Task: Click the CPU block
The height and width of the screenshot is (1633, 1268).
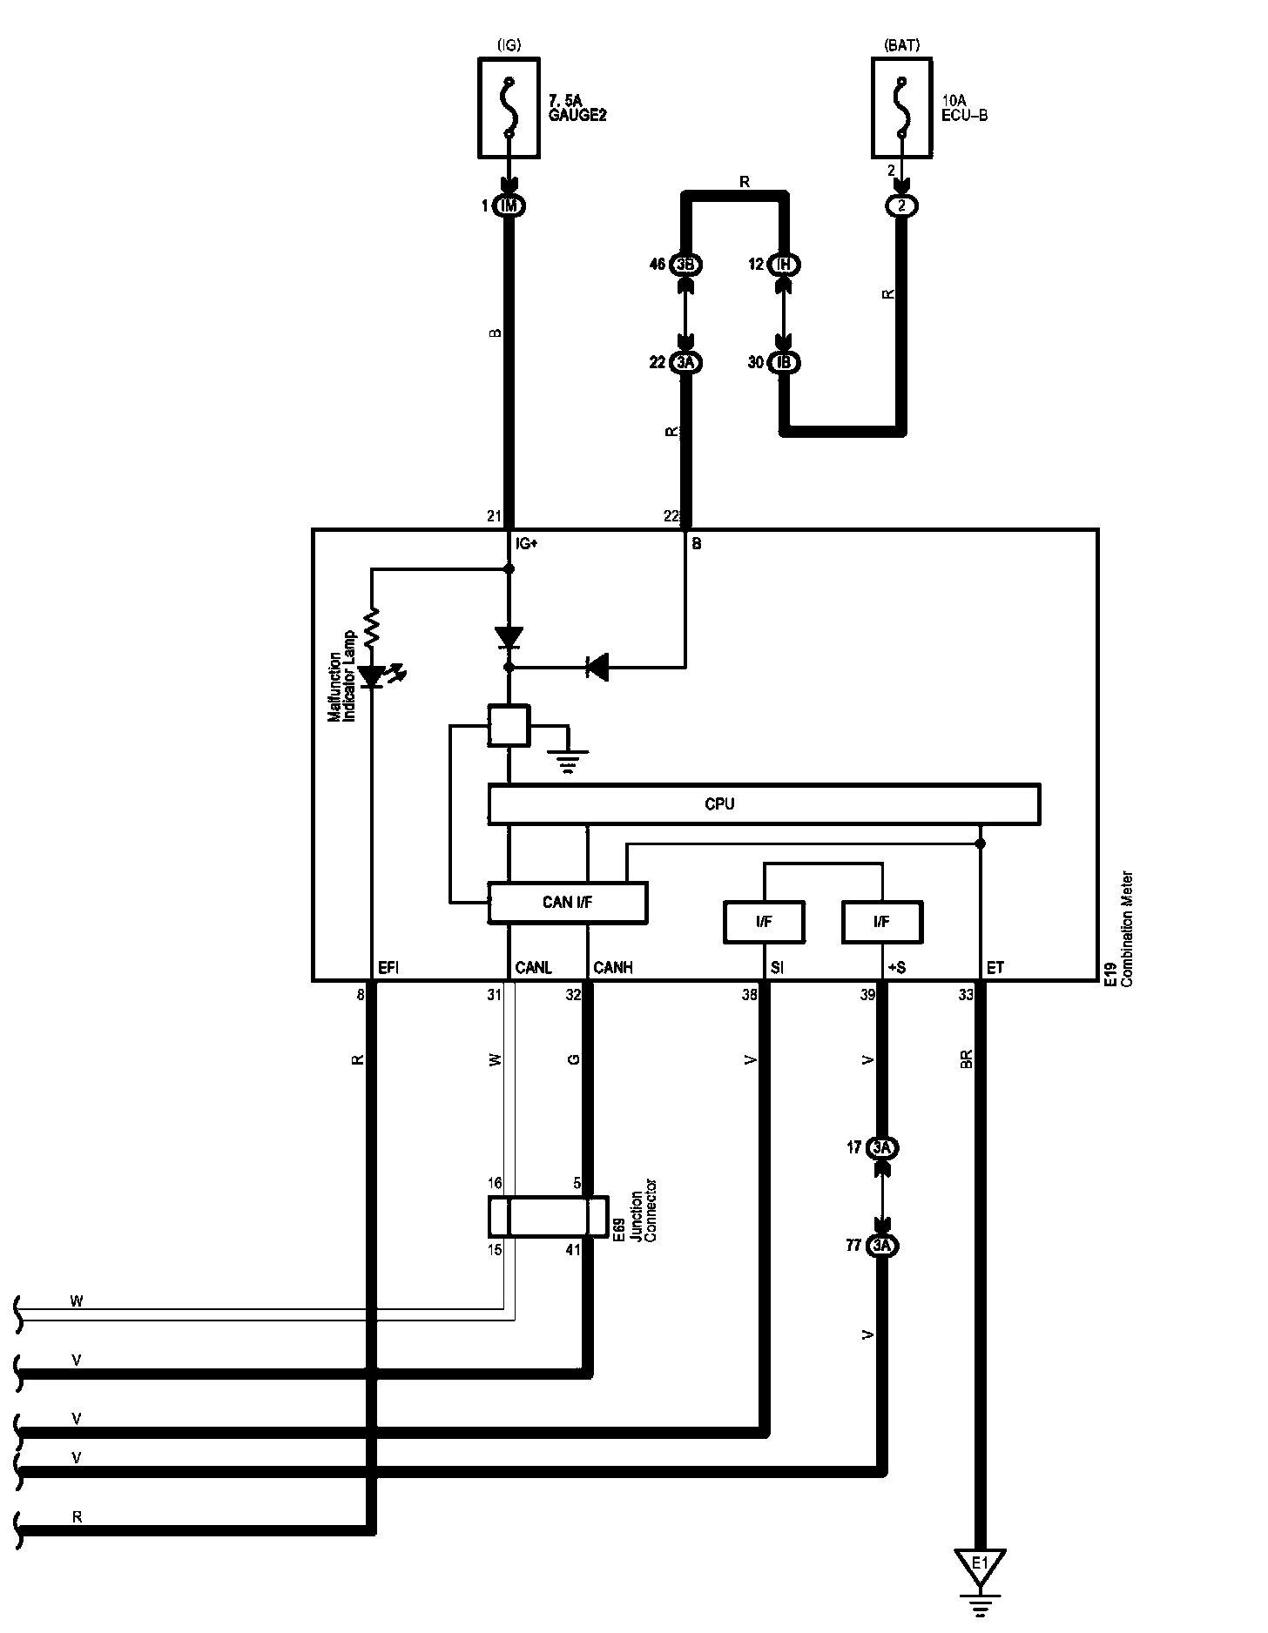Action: tap(764, 804)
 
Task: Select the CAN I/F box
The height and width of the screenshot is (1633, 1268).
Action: tap(568, 903)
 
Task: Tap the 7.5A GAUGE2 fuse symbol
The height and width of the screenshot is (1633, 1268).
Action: tap(509, 108)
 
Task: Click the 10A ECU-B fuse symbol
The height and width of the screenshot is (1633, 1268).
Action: tap(901, 108)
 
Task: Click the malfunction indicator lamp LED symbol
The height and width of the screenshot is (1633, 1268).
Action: tap(374, 675)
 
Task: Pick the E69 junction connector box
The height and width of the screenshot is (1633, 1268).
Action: tap(547, 1216)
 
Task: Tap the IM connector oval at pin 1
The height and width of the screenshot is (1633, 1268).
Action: tap(509, 206)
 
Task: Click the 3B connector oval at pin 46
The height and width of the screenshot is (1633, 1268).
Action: tap(685, 264)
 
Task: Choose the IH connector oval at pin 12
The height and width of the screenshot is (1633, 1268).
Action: tap(785, 264)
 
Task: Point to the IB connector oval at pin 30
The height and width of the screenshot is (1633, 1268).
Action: tap(785, 362)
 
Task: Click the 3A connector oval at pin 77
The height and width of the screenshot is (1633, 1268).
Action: tap(882, 1246)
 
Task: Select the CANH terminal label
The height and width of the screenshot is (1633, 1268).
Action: tap(613, 968)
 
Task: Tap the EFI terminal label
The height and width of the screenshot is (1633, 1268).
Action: tap(388, 968)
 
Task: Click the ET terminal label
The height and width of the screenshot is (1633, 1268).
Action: tap(995, 968)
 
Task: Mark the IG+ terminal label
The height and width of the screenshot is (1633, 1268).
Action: tap(526, 544)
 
